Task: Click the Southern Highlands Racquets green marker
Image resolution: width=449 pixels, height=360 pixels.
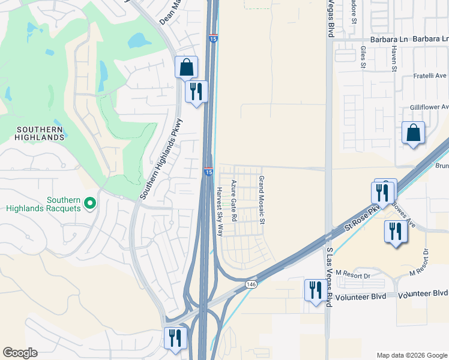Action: [x=90, y=204]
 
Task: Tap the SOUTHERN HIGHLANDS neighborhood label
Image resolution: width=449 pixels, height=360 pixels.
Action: [x=40, y=133]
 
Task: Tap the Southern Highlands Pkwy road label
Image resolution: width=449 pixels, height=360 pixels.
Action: [x=161, y=158]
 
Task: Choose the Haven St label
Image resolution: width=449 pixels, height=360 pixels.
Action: [x=394, y=59]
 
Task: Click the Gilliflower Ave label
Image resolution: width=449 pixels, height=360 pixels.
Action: [x=429, y=106]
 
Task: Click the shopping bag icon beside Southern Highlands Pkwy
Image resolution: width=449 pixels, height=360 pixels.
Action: [x=186, y=67]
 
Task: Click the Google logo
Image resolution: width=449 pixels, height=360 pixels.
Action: [x=20, y=353]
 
